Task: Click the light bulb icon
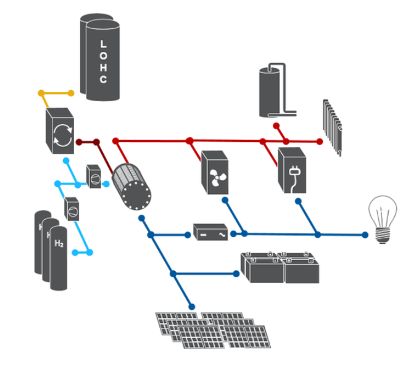[x=382, y=219]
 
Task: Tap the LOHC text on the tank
[x=103, y=62]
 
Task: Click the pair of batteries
[x=282, y=267]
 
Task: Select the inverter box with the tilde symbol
[x=210, y=232]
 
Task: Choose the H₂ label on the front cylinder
[x=59, y=244]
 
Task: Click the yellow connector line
[x=56, y=93]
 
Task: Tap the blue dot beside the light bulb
[x=365, y=235]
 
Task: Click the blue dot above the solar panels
[x=192, y=306]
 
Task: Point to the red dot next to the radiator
[x=320, y=141]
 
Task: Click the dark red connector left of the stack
[x=88, y=143]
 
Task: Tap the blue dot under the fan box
[x=225, y=200]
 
